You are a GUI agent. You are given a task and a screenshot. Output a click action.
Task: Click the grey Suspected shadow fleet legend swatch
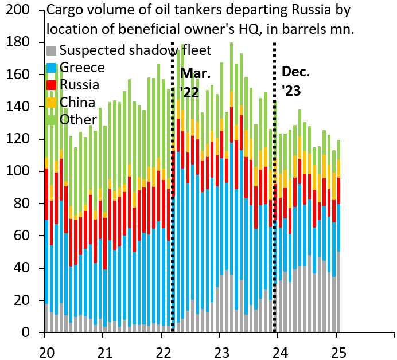pyautogui.click(x=51, y=50)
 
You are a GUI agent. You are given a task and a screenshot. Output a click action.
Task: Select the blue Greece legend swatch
pyautogui.click(x=51, y=68)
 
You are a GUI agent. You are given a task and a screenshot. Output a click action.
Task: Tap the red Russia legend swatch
pyautogui.click(x=51, y=85)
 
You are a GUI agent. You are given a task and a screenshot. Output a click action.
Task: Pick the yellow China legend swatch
pyautogui.click(x=51, y=102)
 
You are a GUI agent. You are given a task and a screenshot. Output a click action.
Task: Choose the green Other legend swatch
pyautogui.click(x=51, y=119)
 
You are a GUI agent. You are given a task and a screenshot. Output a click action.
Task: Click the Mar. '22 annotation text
pyautogui.click(x=195, y=83)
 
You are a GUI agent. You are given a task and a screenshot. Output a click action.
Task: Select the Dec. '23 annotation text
pyautogui.click(x=295, y=81)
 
